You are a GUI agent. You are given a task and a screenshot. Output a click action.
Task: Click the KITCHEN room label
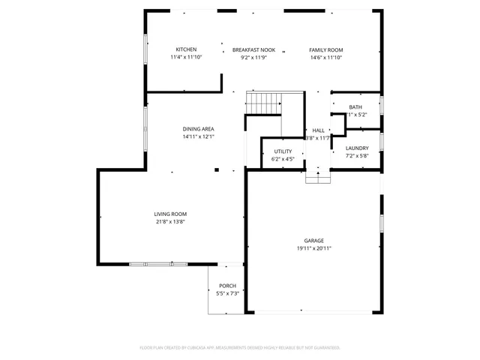coord(186,49)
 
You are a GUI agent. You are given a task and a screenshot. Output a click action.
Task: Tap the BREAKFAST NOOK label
coord(253,49)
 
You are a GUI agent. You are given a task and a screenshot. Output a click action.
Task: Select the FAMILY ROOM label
coord(325,49)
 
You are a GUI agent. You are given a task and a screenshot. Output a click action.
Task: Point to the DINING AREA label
coord(198,129)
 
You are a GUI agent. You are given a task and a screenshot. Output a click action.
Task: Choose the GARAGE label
coord(313,241)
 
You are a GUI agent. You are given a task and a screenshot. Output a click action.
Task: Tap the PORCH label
coord(227,286)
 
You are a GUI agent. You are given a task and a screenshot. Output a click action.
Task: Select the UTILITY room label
coord(283,151)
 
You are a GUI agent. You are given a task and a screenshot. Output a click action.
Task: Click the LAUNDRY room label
coord(357,148)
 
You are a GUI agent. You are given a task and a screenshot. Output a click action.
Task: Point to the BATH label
coord(355,107)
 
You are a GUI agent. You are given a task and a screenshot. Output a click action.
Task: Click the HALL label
coord(318,130)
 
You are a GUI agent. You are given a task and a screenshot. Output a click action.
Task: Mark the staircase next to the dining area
coord(265,103)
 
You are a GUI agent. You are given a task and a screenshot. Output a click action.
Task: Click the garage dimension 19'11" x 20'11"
coord(313,248)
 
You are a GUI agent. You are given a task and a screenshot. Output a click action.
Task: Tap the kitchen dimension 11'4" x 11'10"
coord(186,57)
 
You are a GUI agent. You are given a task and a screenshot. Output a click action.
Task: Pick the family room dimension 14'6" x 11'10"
coord(325,57)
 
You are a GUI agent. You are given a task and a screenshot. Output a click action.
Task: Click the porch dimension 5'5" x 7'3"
coord(227,293)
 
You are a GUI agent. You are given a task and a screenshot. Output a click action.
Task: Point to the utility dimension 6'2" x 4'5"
coord(283,159)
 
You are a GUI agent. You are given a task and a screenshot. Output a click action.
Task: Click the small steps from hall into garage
coord(318,177)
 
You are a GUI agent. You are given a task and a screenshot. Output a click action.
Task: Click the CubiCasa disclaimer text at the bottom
coord(240,347)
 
